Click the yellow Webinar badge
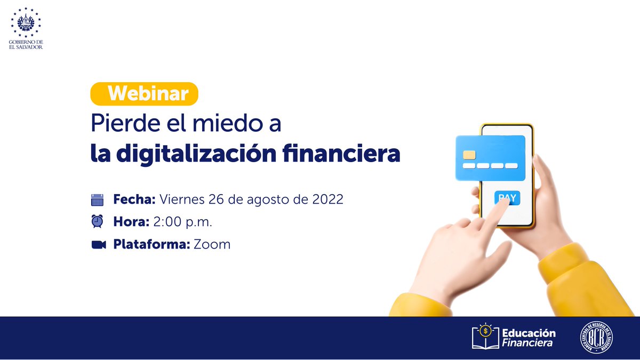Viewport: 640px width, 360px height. click(x=144, y=94)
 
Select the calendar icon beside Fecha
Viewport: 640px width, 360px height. click(x=97, y=200)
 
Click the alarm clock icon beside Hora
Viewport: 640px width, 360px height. click(x=97, y=221)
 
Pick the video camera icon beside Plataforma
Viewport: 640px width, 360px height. click(x=98, y=245)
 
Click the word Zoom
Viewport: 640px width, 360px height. click(x=212, y=245)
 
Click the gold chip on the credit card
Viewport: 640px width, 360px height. click(x=469, y=155)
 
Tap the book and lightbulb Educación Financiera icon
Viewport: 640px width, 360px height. click(x=485, y=337)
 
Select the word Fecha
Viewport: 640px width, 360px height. click(x=133, y=200)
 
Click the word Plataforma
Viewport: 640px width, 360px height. click(x=151, y=245)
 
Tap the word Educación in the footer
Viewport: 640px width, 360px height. click(x=529, y=333)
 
